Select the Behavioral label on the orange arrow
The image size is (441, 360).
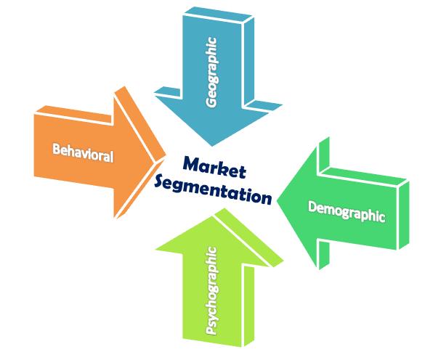tap(82, 152)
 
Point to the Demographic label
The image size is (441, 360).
tap(346, 210)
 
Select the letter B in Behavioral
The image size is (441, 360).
tap(56, 150)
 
